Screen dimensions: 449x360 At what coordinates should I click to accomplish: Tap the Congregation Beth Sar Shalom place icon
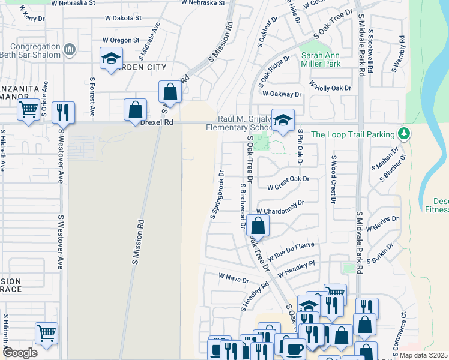click(x=70, y=49)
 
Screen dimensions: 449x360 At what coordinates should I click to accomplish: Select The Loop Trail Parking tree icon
click(x=405, y=134)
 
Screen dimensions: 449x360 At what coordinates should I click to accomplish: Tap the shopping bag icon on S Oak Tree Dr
click(x=258, y=226)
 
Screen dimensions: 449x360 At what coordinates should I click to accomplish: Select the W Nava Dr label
click(x=234, y=279)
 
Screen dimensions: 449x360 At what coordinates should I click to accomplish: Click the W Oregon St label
click(x=121, y=40)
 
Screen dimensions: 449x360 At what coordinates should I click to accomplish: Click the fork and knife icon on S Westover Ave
click(x=62, y=112)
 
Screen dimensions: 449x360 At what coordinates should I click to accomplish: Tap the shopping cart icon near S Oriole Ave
click(x=28, y=110)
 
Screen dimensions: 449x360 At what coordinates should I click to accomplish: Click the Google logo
click(x=20, y=353)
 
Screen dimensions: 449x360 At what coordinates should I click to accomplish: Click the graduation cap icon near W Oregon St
click(x=110, y=59)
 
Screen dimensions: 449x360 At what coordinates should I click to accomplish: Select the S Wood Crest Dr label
click(x=334, y=179)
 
